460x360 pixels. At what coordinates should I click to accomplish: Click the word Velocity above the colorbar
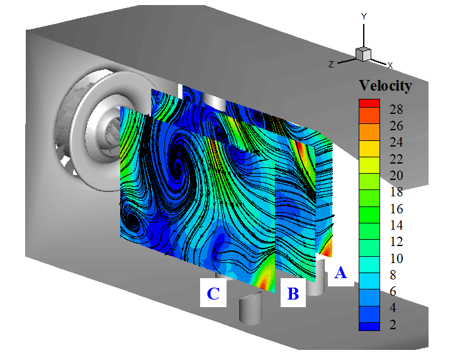386,86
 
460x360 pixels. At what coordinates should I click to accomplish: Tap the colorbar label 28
396,110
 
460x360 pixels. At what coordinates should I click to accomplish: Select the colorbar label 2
393,325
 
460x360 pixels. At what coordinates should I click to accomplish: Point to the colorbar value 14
396,225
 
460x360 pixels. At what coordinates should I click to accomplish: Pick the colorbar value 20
396,176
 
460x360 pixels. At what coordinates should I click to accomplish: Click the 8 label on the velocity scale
393,275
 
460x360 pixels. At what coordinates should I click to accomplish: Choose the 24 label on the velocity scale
396,143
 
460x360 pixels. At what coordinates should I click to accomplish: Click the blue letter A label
340,273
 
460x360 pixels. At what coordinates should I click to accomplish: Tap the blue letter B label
293,293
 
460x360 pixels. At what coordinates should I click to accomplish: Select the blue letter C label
213,293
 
